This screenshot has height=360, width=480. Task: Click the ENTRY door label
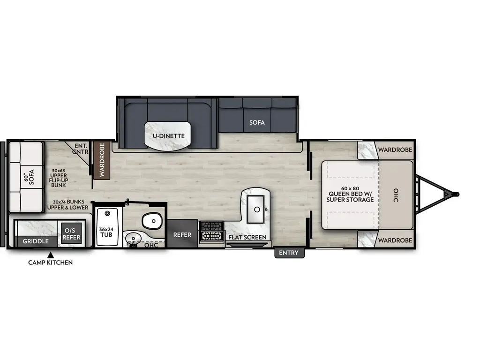pos(289,253)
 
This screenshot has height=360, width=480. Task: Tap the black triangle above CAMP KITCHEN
pos(50,255)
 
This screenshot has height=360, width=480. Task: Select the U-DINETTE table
pos(168,135)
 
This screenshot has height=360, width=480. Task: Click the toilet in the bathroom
pos(151,219)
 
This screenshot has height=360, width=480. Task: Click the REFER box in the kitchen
pos(182,234)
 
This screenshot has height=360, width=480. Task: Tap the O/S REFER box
pos(71,233)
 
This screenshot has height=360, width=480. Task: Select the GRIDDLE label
pos(36,241)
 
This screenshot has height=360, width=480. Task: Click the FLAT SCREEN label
pos(247,237)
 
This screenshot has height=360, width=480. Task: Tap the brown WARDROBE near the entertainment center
pos(102,160)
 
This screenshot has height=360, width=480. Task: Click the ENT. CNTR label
pos(81,149)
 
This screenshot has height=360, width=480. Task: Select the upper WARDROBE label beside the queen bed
pos(395,150)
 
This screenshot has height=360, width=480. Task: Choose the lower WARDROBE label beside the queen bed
pos(395,240)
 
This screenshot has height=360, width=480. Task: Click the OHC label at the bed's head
pos(396,195)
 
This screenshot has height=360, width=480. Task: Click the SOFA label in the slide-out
pos(257,122)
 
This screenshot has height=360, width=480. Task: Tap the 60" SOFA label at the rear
pos(29,178)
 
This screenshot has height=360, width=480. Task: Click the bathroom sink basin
pos(133,239)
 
